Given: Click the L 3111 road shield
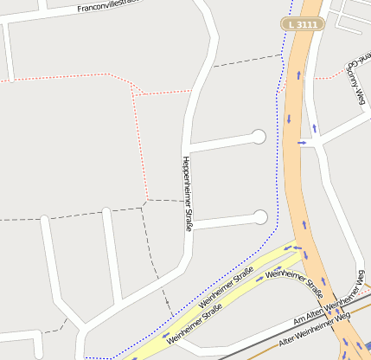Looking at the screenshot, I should [x=303, y=24].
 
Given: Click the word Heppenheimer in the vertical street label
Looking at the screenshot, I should [x=185, y=179].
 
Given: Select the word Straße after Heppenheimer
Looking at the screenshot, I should [x=187, y=215].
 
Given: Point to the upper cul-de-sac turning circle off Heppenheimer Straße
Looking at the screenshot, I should [x=259, y=136].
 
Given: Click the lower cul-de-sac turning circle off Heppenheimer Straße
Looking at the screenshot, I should [x=259, y=216].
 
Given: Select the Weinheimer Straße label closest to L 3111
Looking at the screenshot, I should [x=286, y=274].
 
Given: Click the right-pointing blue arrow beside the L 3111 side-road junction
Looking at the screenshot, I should [x=303, y=142].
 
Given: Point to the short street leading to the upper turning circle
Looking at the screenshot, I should [x=221, y=142].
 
